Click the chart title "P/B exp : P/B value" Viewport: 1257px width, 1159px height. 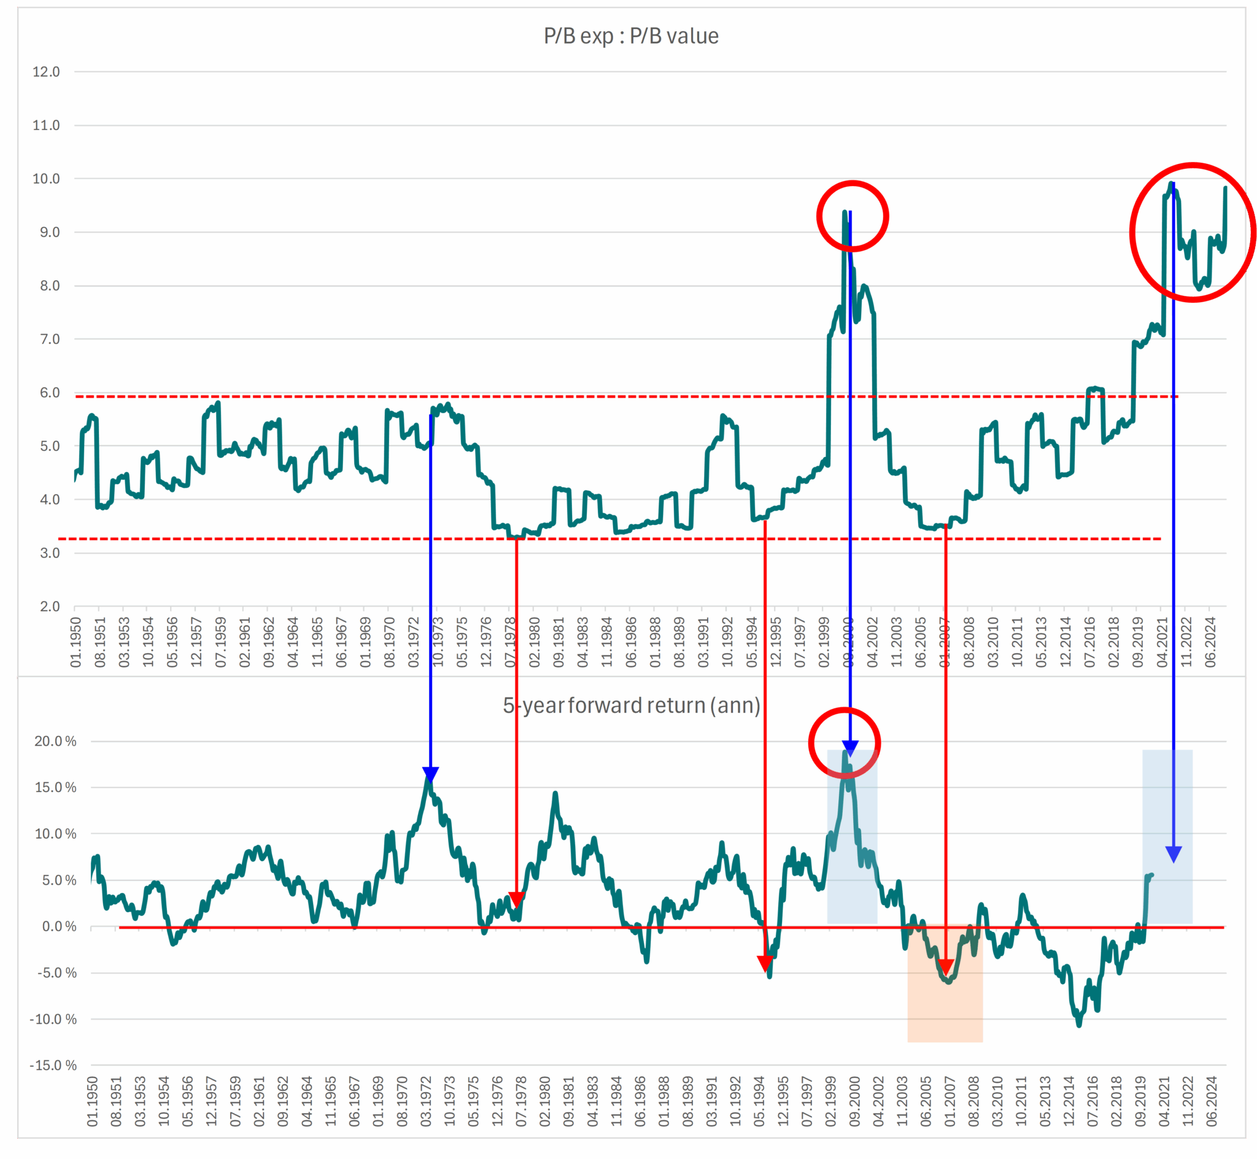point(631,36)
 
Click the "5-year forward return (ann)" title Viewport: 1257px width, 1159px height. point(632,705)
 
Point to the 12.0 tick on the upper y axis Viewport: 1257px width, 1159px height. point(47,71)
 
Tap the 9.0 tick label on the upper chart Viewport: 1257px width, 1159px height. point(47,232)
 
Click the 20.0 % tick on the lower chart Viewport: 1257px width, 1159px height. point(55,742)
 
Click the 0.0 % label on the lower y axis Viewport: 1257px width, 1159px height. point(59,926)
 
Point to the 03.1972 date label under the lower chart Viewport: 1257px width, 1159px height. point(426,1102)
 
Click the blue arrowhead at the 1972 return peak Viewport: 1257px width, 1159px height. point(431,775)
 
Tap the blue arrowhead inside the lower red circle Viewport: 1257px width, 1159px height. point(850,748)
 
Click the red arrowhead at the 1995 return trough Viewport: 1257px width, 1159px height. point(765,963)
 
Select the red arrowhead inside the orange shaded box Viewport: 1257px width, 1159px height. point(945,967)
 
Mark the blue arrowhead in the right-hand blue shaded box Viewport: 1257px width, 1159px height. point(1174,854)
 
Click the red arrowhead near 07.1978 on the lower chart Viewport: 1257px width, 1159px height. point(516,900)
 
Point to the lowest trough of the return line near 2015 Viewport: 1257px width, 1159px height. point(1079,1025)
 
